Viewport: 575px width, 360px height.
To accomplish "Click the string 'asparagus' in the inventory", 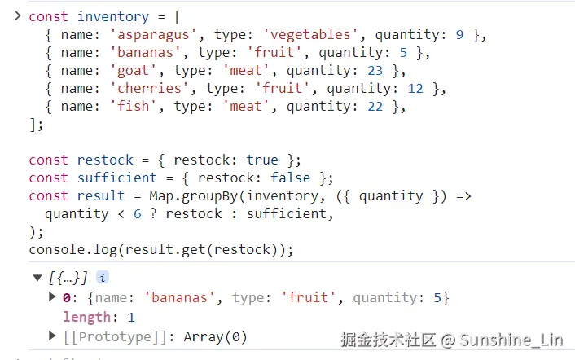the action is coord(147,34).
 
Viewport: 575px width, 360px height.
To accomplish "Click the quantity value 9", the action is coord(459,34).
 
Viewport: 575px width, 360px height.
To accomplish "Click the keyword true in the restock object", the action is coord(262,160).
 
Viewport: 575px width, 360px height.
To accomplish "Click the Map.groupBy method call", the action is coord(192,195).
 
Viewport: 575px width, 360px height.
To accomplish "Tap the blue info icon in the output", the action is coord(103,278).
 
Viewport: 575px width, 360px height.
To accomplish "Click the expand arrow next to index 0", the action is coord(54,297).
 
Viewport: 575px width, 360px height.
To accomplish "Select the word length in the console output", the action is coord(87,317).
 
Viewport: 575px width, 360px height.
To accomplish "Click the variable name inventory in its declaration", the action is coord(112,16).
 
